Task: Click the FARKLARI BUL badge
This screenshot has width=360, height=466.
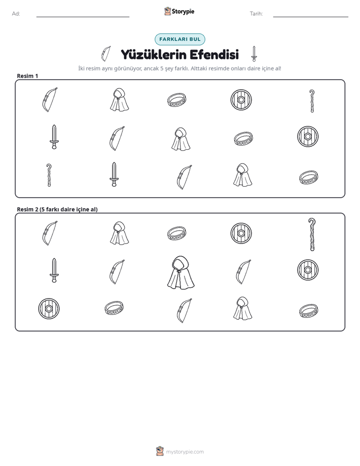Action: point(179,39)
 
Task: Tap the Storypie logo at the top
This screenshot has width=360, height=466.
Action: point(179,11)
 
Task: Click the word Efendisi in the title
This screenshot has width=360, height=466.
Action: point(214,54)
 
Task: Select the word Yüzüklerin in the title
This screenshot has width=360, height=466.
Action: point(154,54)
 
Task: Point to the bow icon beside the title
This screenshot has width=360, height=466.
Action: point(106,54)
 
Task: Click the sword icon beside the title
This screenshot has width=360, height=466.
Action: point(254,54)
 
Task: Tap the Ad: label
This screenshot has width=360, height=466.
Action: point(16,14)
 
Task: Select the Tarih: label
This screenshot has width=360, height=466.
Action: point(256,14)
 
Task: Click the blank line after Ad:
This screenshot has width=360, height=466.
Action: point(83,17)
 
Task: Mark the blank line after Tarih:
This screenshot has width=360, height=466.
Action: point(311,17)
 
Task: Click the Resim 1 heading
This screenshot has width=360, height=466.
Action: point(28,76)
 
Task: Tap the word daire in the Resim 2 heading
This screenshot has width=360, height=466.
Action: point(68,209)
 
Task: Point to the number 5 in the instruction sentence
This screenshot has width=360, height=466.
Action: point(162,69)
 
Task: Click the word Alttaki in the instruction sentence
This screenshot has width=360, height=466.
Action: point(200,69)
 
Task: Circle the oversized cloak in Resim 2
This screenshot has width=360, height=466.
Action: point(181,272)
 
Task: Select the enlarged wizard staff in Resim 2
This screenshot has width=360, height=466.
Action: point(312,235)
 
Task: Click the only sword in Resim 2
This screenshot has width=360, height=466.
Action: point(54,270)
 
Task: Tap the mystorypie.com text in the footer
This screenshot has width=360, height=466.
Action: point(185,452)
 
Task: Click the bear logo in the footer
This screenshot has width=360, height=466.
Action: point(160,451)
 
